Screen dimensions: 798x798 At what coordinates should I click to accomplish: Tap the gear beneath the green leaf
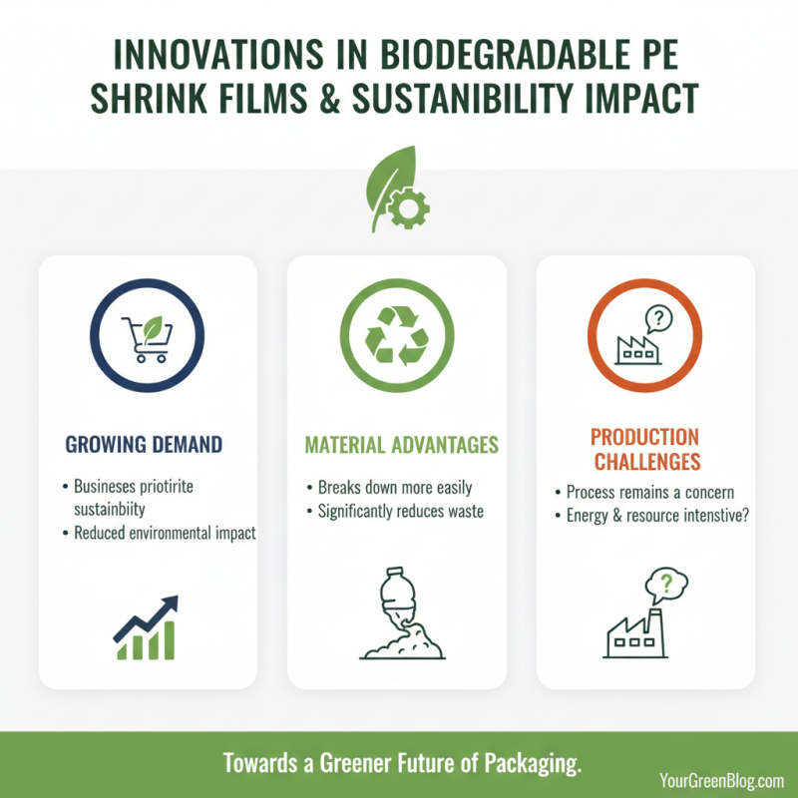407,207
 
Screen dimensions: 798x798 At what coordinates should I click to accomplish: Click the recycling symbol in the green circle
396,334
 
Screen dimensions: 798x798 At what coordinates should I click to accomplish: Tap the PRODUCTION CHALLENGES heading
645,449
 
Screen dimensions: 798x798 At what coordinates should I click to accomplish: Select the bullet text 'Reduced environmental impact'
165,534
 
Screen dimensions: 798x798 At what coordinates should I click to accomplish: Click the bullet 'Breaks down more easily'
395,489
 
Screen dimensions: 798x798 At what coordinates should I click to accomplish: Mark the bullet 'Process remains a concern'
649,493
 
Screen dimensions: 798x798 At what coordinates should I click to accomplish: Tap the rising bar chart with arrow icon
146,627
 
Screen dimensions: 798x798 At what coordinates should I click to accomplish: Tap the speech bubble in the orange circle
659,320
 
